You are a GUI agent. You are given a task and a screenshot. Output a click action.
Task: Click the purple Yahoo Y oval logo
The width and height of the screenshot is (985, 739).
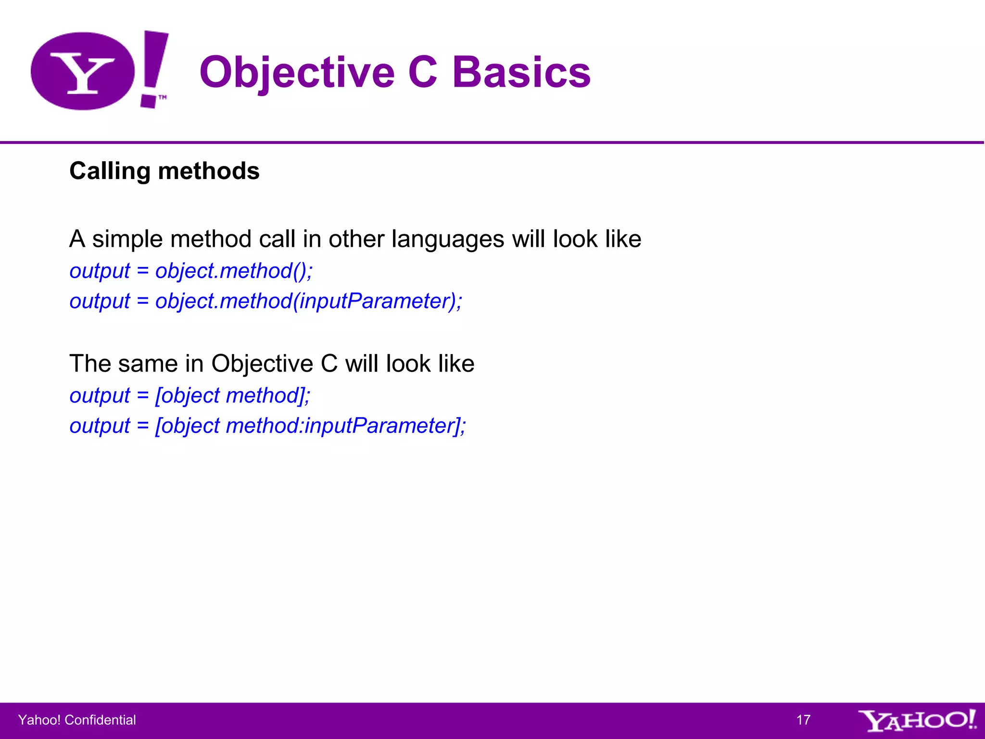click(83, 71)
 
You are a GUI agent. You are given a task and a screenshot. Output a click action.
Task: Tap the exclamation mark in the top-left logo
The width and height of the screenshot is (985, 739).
click(154, 67)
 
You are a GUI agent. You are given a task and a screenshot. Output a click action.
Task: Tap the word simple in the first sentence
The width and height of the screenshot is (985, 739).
click(130, 240)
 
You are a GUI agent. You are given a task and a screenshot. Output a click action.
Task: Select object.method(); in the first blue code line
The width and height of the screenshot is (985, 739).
click(234, 271)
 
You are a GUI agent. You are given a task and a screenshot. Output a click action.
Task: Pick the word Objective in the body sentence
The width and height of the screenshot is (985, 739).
click(262, 364)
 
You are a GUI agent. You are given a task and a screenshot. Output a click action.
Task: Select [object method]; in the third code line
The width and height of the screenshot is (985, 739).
click(233, 396)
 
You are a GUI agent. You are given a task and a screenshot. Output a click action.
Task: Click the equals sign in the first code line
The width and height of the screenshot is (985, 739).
click(142, 271)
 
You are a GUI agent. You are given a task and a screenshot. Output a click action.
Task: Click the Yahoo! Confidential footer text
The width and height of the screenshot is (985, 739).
click(77, 720)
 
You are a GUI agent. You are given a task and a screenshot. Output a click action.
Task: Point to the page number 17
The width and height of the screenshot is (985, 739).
click(803, 720)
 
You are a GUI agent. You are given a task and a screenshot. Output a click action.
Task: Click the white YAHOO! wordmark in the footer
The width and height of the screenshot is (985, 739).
click(917, 720)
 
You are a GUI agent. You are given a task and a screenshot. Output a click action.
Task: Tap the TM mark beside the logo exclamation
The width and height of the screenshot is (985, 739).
click(163, 97)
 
